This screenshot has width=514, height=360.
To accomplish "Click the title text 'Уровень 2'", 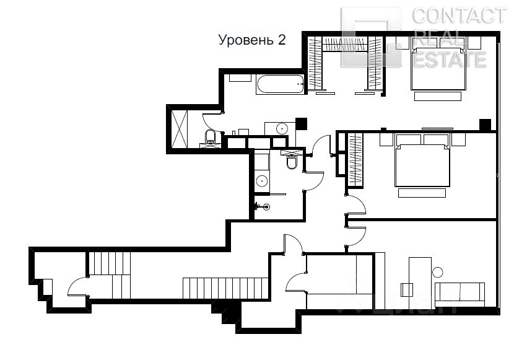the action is pyautogui.click(x=252, y=40).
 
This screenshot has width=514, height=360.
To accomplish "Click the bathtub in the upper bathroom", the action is pyautogui.click(x=281, y=84).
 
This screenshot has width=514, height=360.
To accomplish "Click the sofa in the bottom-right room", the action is pyautogui.click(x=460, y=295).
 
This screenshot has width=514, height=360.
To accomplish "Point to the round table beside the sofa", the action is pyautogui.click(x=437, y=272).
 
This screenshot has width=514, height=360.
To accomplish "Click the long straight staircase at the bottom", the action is pyautogui.click(x=226, y=288).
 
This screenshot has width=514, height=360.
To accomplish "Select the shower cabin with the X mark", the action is pyautogui.click(x=180, y=129).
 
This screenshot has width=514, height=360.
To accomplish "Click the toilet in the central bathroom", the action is pyautogui.click(x=292, y=161).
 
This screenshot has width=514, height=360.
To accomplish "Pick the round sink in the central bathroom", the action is pyautogui.click(x=261, y=181).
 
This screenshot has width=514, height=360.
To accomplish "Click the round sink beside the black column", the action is pyautogui.click(x=282, y=128).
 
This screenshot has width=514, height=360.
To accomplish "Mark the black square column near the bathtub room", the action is pyautogui.click(x=301, y=123).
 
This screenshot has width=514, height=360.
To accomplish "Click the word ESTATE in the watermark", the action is pyautogui.click(x=450, y=59).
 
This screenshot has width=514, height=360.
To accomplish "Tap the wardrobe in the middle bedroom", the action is pyautogui.click(x=355, y=160).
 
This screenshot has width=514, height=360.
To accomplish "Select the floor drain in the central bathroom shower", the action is pyautogui.click(x=266, y=206).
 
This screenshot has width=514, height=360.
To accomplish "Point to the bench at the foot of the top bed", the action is pyautogui.click(x=438, y=96).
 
